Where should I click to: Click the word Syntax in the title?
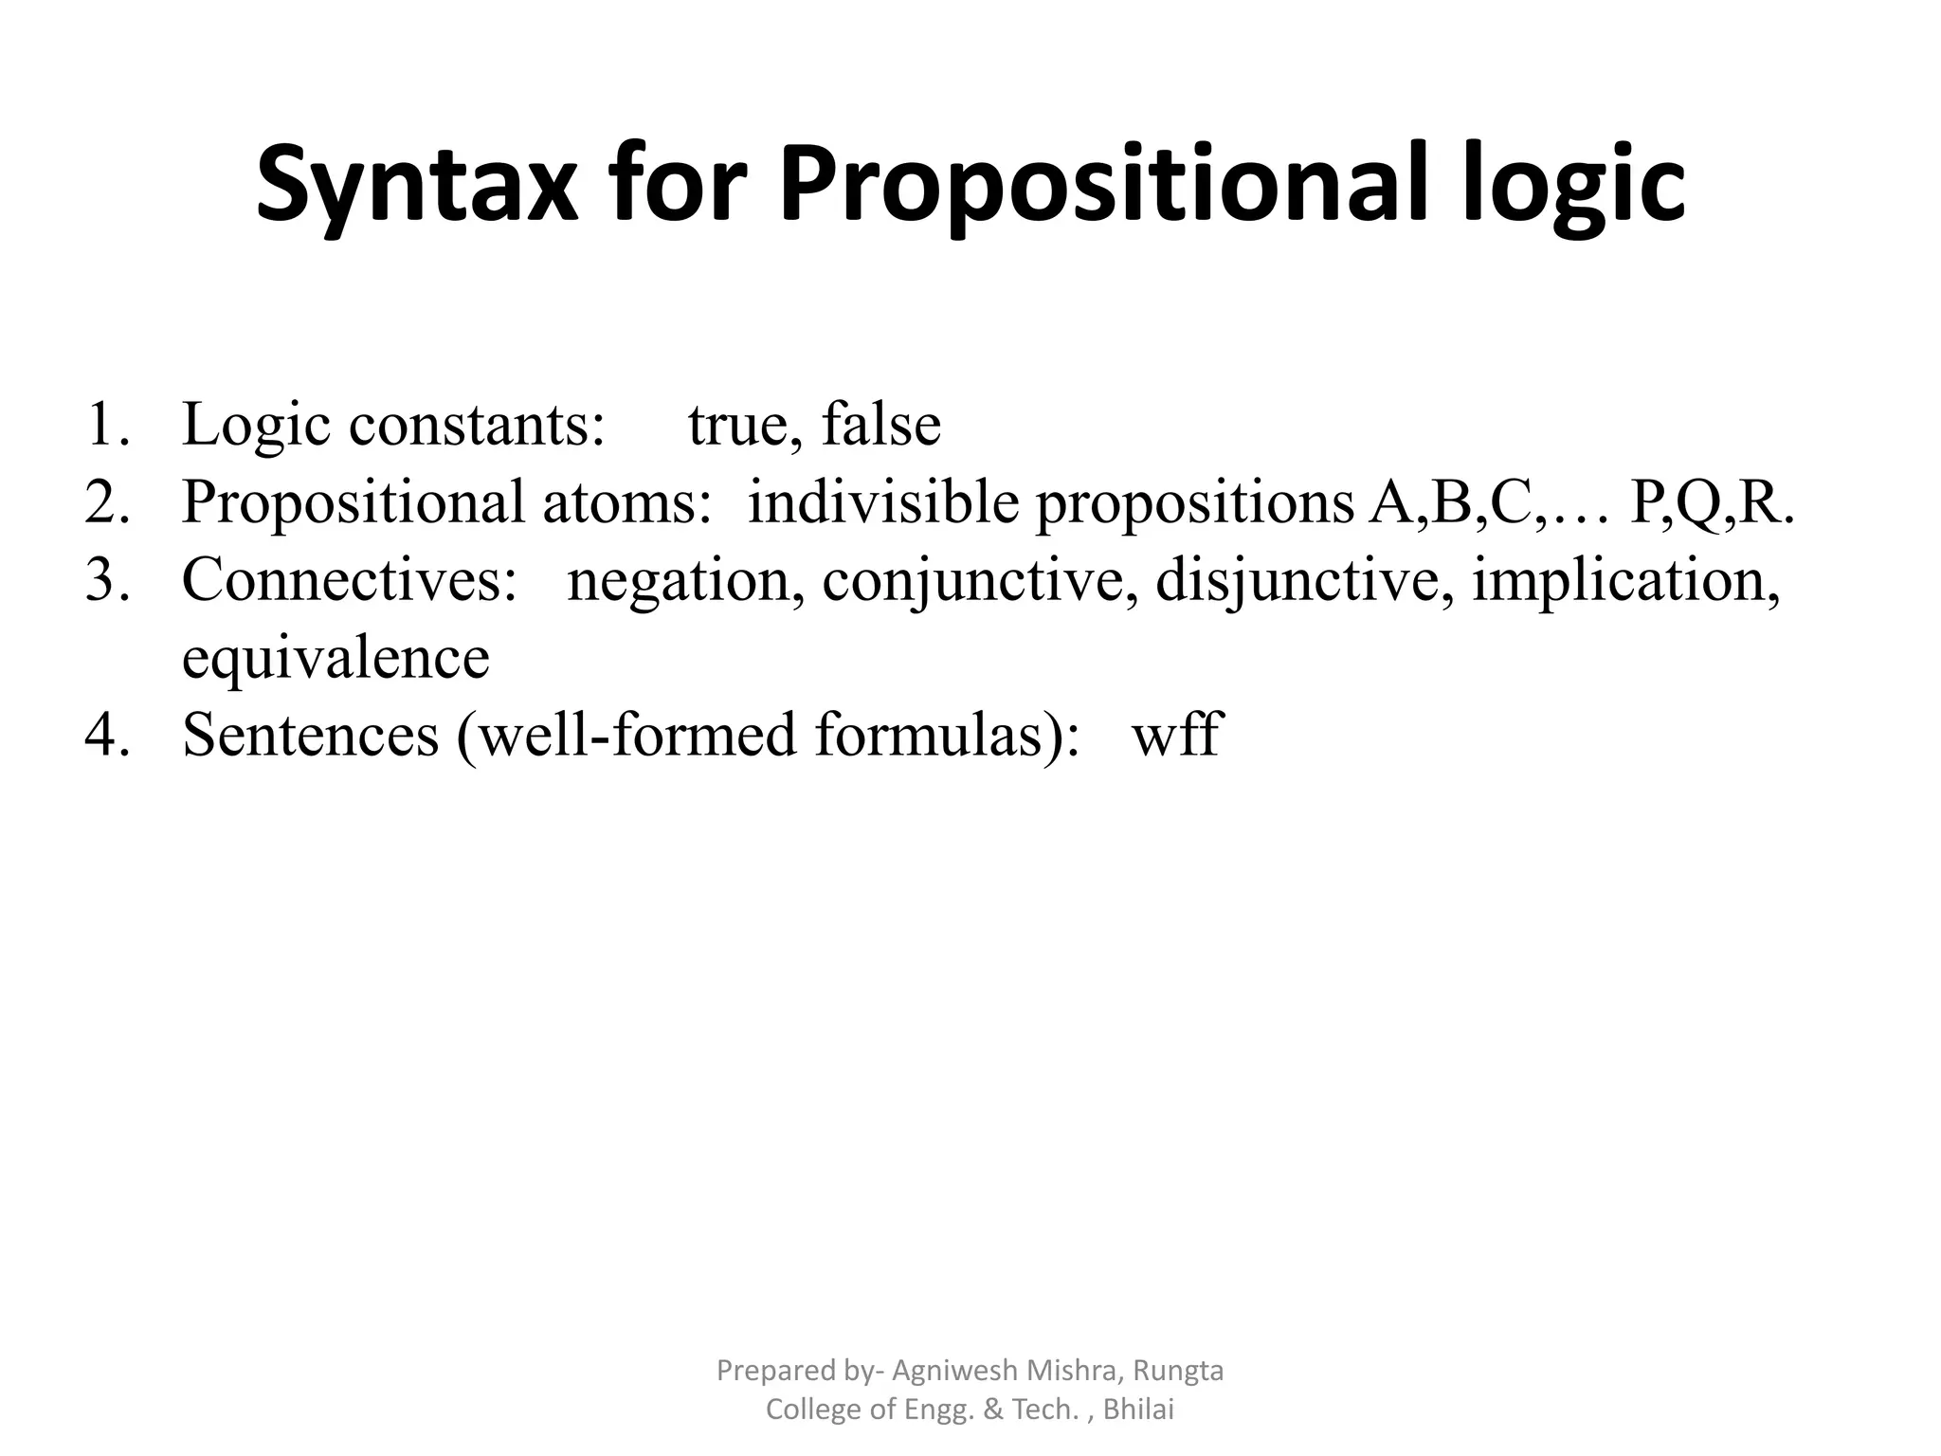tap(416, 185)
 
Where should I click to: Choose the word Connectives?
tap(350, 579)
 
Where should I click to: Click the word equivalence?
tap(336, 657)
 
